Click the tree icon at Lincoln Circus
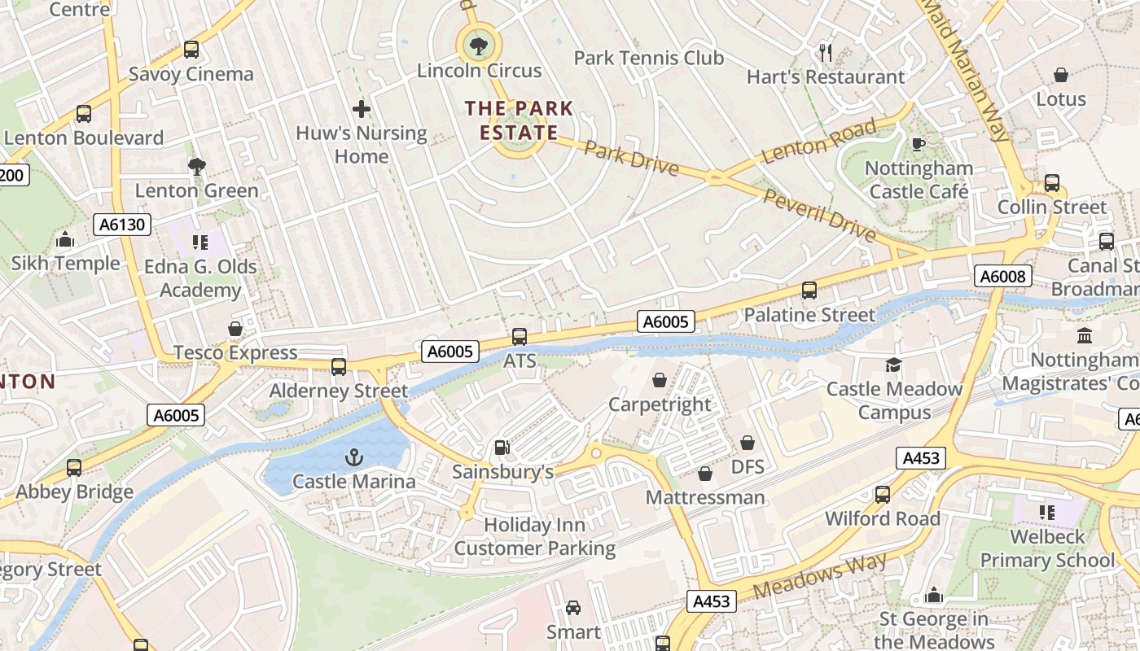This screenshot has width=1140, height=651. click(479, 46)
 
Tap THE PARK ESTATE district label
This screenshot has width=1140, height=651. click(519, 120)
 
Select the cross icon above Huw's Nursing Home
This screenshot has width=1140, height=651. click(362, 108)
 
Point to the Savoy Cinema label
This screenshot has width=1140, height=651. click(191, 74)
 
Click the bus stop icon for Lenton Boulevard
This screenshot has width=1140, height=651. click(84, 114)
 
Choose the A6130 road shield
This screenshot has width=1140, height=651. click(121, 225)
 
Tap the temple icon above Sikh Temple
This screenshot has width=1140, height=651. click(65, 239)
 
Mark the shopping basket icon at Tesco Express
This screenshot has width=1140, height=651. click(235, 329)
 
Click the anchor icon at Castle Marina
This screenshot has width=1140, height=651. click(353, 457)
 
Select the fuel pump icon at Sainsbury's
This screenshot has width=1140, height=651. click(502, 448)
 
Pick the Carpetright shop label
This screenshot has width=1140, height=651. click(660, 404)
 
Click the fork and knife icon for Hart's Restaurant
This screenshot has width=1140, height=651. click(826, 53)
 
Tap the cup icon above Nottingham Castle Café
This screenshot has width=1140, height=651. click(919, 145)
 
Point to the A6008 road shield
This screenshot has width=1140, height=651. click(1003, 277)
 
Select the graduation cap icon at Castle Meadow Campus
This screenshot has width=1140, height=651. click(894, 365)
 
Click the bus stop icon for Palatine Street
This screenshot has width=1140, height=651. click(809, 291)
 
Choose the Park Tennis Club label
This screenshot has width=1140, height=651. click(648, 58)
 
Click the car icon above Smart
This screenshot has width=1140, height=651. click(573, 608)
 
